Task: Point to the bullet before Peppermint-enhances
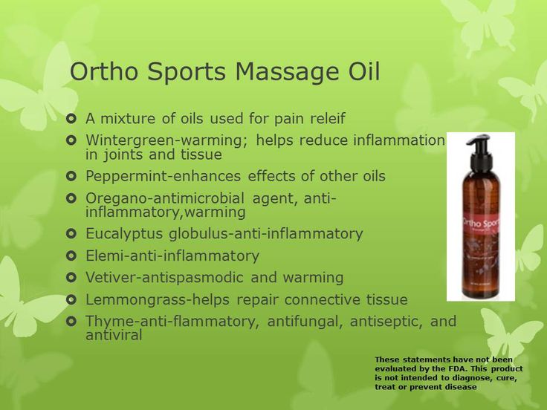click(71, 176)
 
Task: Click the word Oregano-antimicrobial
click(165, 198)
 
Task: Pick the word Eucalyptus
click(124, 233)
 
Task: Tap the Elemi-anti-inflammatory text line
click(172, 256)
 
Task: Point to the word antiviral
click(114, 335)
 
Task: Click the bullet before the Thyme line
click(71, 321)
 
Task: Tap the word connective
click(322, 300)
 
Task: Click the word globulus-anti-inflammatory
click(266, 234)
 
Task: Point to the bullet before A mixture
click(71, 119)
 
